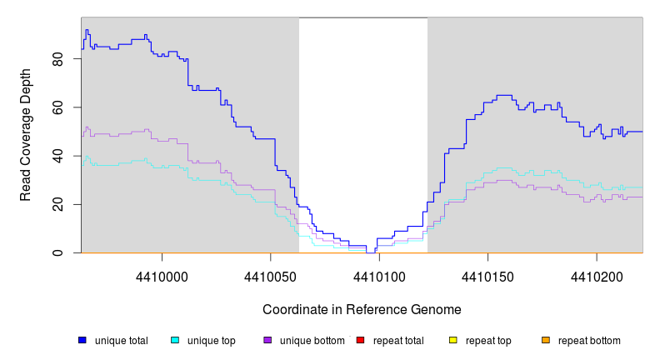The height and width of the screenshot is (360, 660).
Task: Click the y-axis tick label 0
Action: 57,252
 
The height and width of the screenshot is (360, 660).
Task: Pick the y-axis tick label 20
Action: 57,204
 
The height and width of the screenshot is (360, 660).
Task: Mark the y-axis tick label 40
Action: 57,156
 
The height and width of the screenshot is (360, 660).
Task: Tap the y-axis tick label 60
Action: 57,107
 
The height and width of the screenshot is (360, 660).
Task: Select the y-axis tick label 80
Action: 57,59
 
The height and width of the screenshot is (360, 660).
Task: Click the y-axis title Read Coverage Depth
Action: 26,135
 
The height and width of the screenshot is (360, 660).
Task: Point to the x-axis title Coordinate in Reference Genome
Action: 362,309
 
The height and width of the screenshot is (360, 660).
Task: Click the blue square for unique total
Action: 82,340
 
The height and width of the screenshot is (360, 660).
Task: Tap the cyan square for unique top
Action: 175,340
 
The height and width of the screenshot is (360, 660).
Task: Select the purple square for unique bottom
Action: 267,340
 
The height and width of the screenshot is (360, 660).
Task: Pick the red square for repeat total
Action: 360,340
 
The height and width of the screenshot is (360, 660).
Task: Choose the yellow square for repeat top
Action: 453,340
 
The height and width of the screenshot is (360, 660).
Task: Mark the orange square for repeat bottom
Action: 546,340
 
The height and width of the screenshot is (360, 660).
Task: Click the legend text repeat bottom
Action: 589,341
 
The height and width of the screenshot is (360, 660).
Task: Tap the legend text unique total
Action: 122,341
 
